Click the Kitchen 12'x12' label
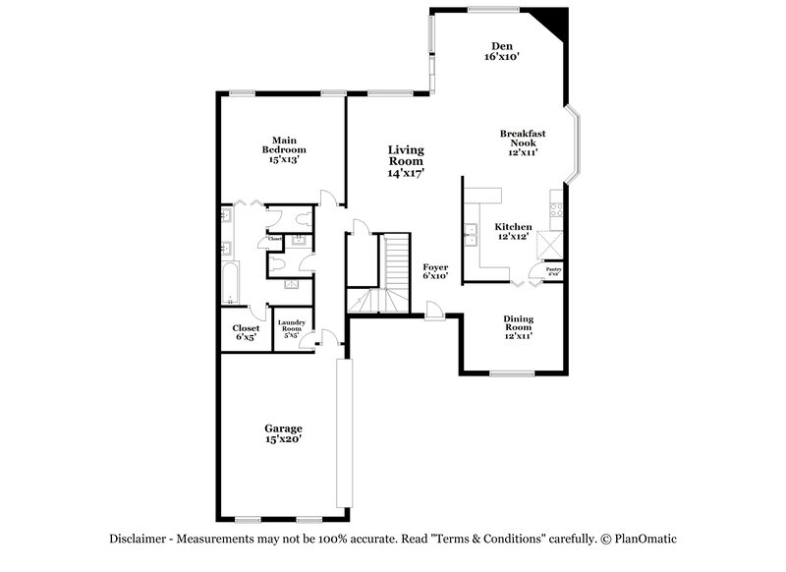513,231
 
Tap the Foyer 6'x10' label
435,271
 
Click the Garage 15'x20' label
282,433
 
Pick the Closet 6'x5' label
245,332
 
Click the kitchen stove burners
557,208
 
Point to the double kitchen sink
471,234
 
